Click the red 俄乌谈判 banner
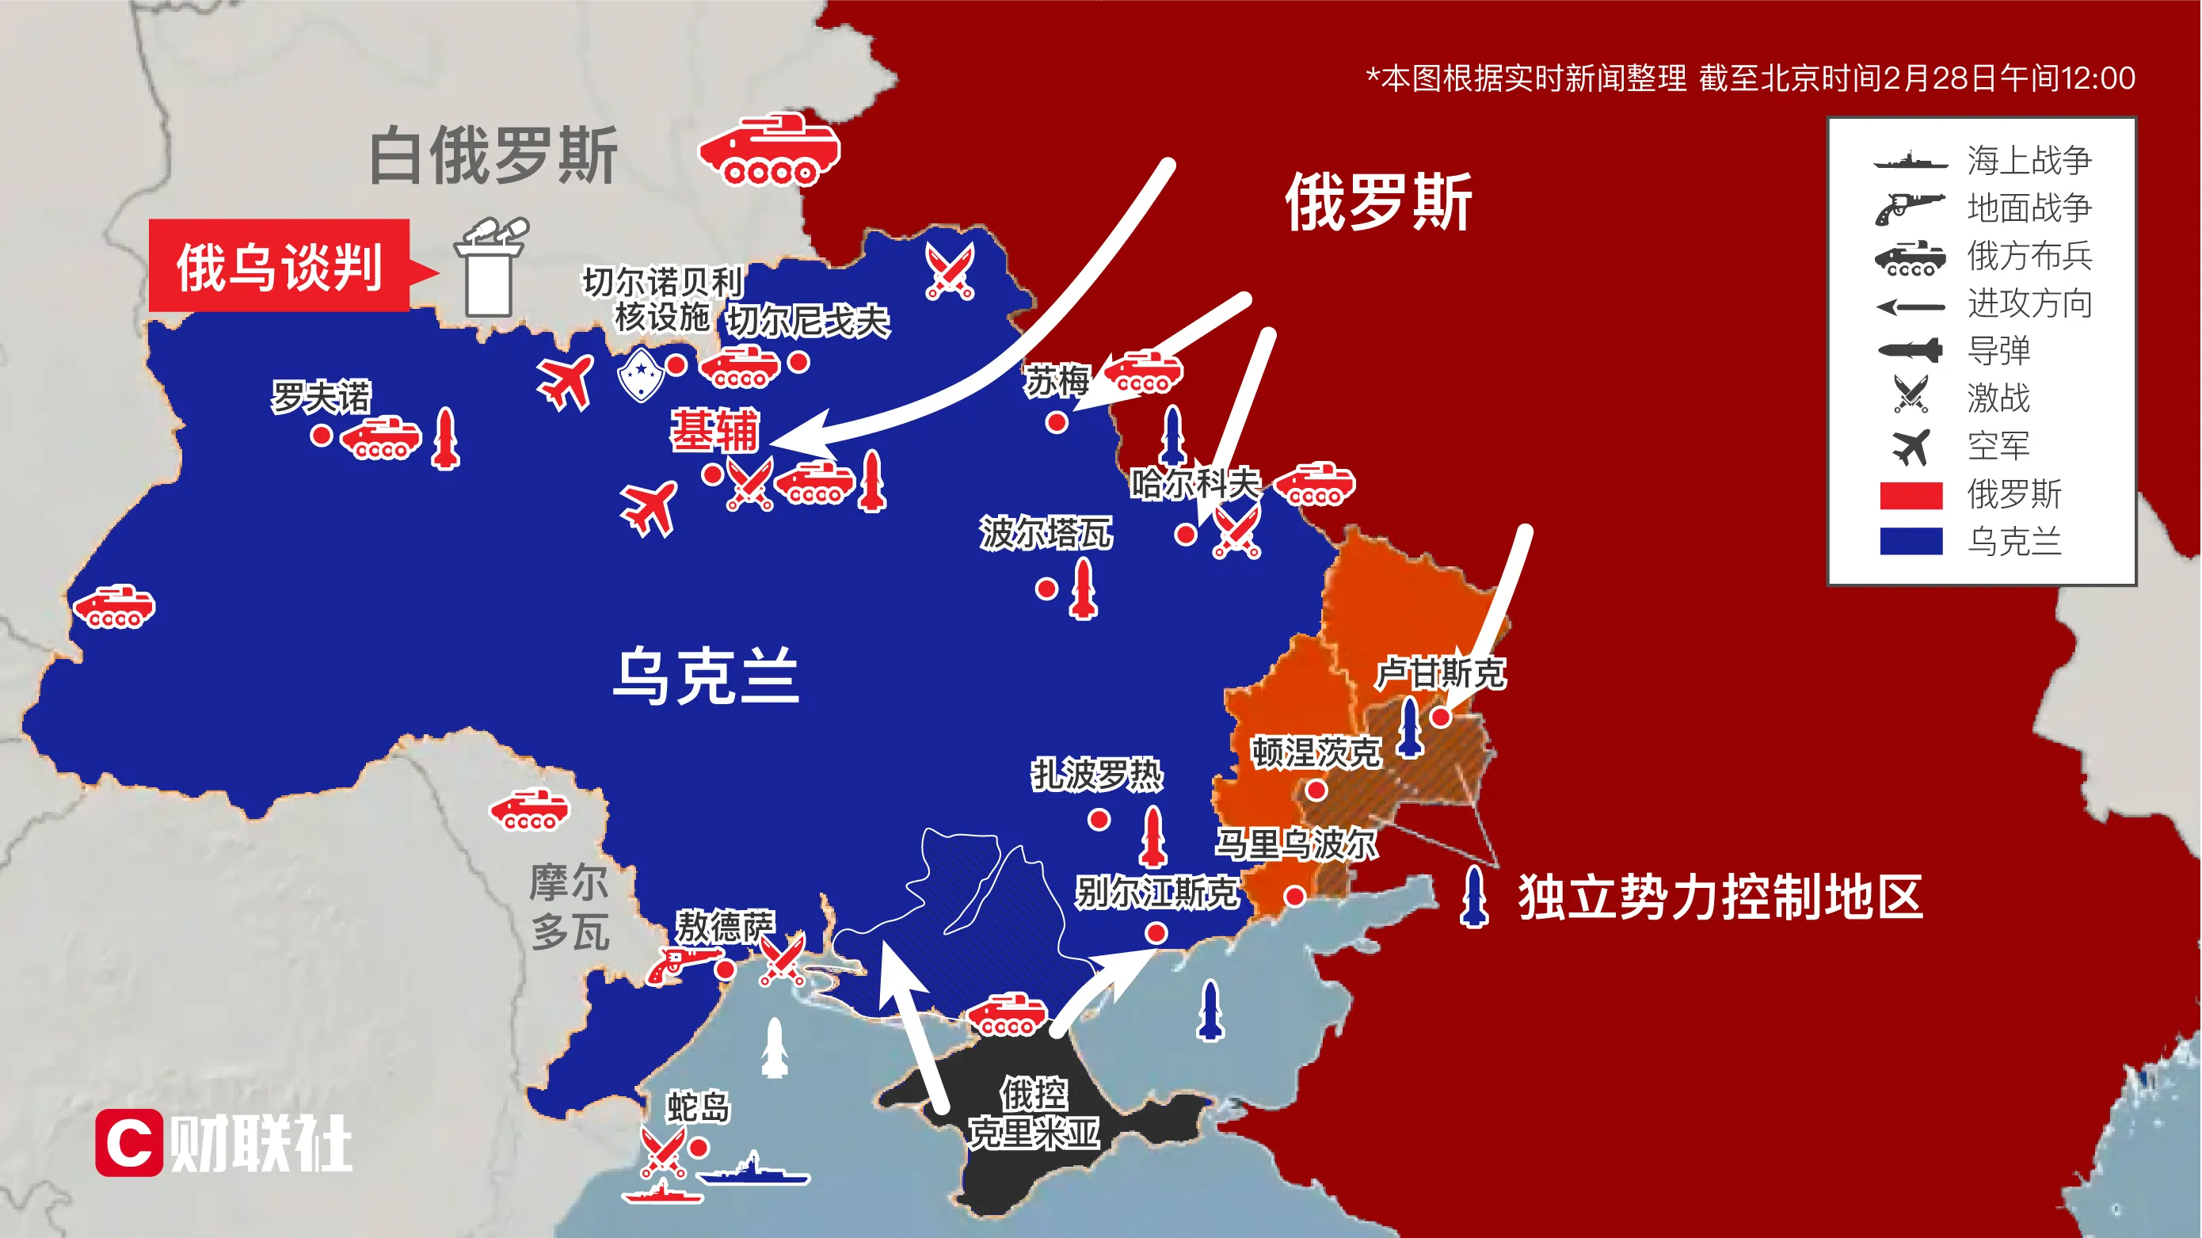click(279, 266)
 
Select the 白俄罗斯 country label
click(493, 155)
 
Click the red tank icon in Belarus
click(769, 150)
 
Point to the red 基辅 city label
click(714, 429)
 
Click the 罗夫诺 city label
click(321, 397)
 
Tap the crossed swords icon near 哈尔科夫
click(1236, 531)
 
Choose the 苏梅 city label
click(1057, 381)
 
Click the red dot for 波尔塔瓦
click(1046, 589)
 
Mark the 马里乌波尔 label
click(1296, 844)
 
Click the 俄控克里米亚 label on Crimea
click(1034, 1113)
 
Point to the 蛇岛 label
click(699, 1107)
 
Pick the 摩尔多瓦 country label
click(570, 907)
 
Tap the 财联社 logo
click(224, 1143)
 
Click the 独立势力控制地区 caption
click(1720, 897)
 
